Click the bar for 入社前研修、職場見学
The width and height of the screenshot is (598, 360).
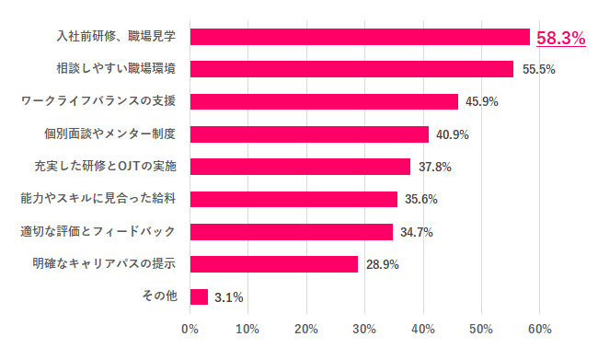360,37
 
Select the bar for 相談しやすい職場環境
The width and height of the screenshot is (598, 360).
351,69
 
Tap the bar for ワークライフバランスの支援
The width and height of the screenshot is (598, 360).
324,101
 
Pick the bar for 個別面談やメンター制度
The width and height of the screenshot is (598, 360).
309,134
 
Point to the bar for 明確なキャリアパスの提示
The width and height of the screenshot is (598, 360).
274,264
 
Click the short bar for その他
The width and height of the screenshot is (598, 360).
199,296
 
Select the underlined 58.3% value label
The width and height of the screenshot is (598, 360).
561,38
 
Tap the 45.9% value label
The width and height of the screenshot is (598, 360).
480,102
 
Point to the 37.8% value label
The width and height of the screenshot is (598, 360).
433,168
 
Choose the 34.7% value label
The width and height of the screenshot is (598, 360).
415,232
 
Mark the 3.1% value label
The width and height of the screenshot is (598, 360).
228,297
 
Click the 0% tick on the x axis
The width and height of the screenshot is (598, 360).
190,330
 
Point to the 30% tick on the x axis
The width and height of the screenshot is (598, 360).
365,330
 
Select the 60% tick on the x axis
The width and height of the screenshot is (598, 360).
540,330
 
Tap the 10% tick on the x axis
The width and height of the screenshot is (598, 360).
248,330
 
